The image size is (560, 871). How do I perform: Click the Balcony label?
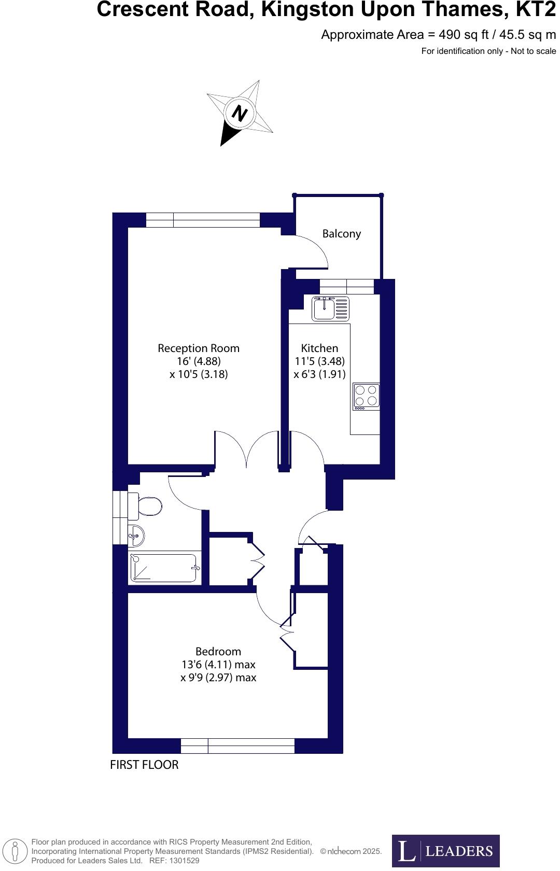(x=341, y=234)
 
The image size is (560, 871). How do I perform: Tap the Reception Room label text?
(x=199, y=348)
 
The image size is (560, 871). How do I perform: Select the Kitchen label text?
(x=319, y=348)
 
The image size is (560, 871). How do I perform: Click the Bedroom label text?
(x=218, y=652)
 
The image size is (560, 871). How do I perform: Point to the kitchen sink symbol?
(x=330, y=309)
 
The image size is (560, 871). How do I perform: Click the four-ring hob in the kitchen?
(x=366, y=396)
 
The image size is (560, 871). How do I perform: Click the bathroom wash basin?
(x=136, y=536)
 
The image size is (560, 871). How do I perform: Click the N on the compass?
(x=239, y=113)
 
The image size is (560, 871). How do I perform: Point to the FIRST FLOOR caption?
(x=144, y=765)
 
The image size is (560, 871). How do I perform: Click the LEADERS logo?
(x=445, y=851)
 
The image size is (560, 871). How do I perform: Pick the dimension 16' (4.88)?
(x=199, y=361)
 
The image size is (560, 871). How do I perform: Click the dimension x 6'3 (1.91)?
(x=319, y=374)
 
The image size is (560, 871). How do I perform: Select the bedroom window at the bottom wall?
(x=237, y=746)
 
